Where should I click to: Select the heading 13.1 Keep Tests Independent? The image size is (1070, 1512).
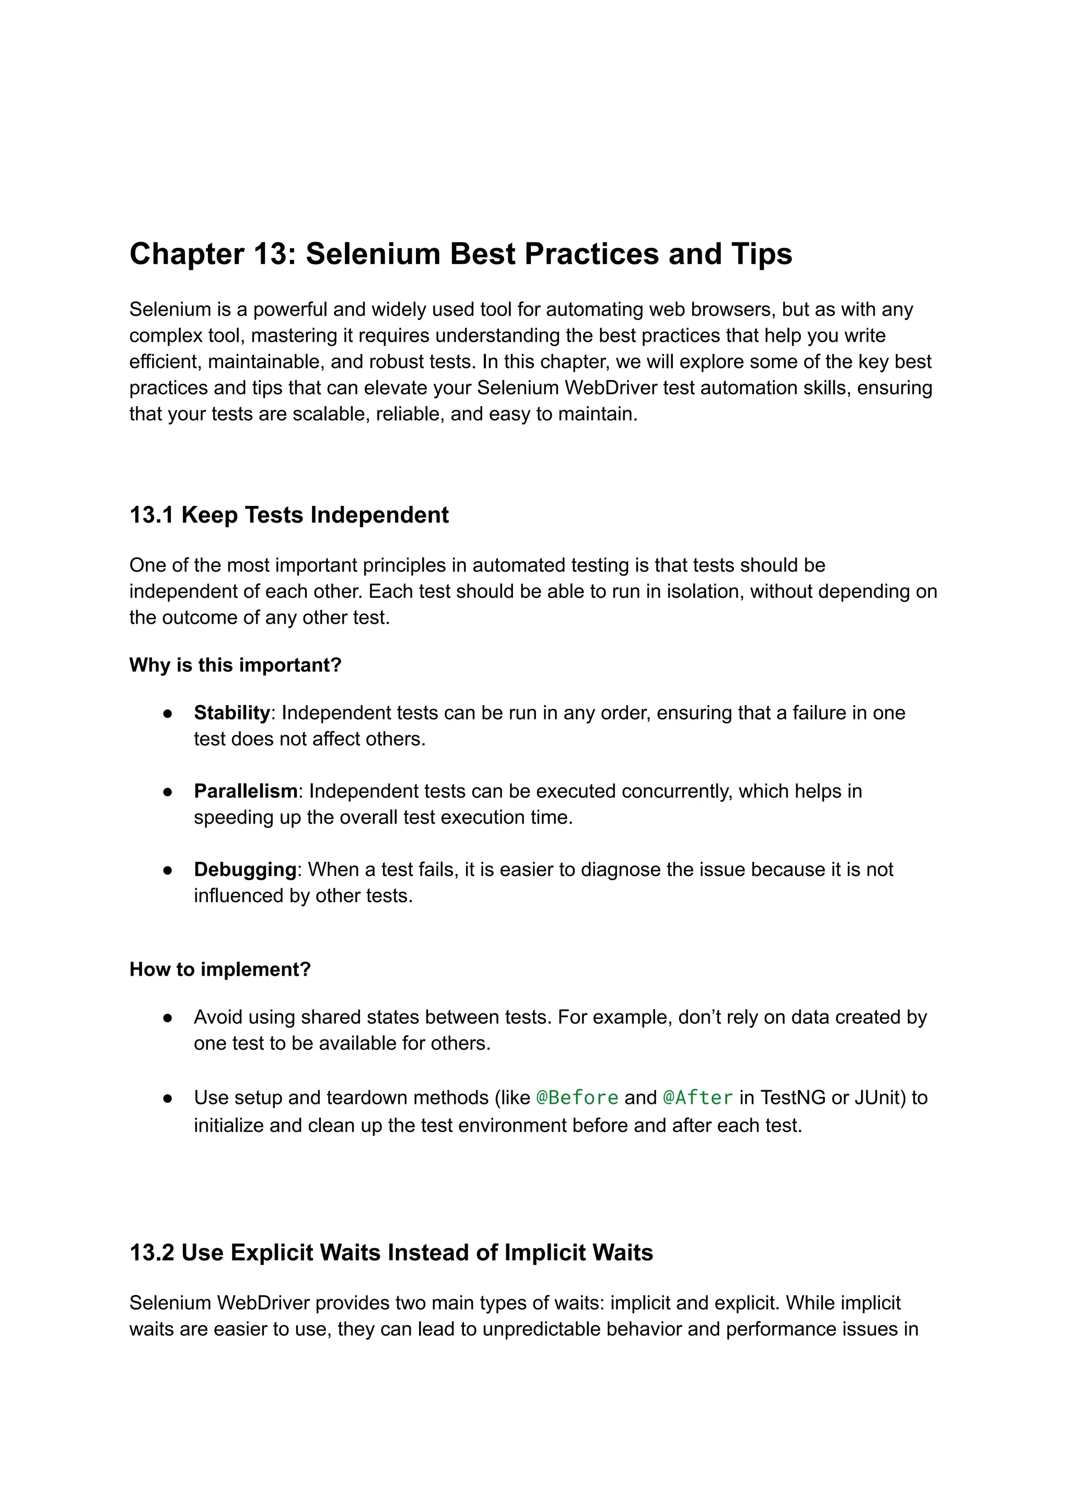pos(288,515)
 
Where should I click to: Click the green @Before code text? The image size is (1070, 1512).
pos(577,1098)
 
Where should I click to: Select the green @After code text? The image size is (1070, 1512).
pos(697,1098)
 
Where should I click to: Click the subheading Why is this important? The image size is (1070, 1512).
pos(235,665)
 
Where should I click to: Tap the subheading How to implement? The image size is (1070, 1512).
pos(220,969)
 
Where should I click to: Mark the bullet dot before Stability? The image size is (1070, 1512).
pos(168,713)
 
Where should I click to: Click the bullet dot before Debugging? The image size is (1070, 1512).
pos(168,870)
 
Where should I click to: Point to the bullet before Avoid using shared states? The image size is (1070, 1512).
pos(168,1018)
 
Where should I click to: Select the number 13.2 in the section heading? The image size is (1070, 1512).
pos(152,1252)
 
